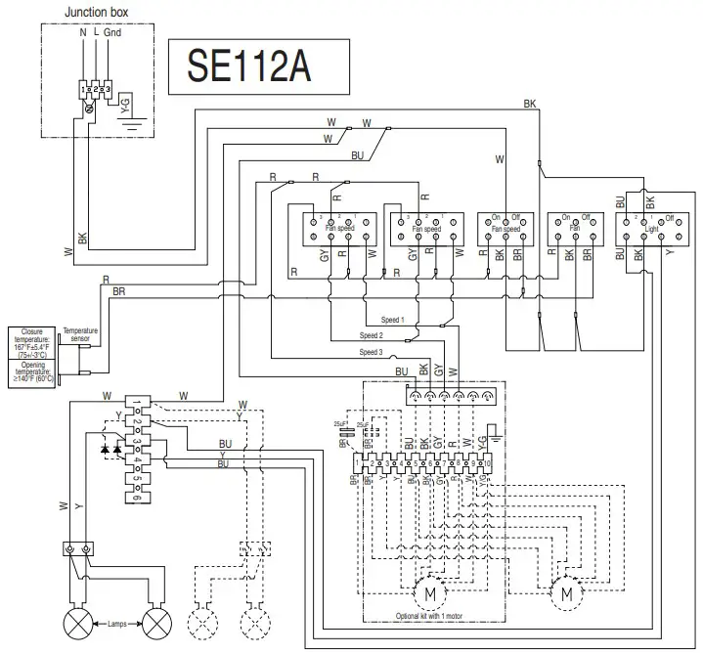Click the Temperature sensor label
click(x=81, y=335)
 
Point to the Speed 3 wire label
click(x=372, y=352)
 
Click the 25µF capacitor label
click(x=340, y=422)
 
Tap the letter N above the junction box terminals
click(x=82, y=32)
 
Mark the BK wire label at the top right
click(x=529, y=104)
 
